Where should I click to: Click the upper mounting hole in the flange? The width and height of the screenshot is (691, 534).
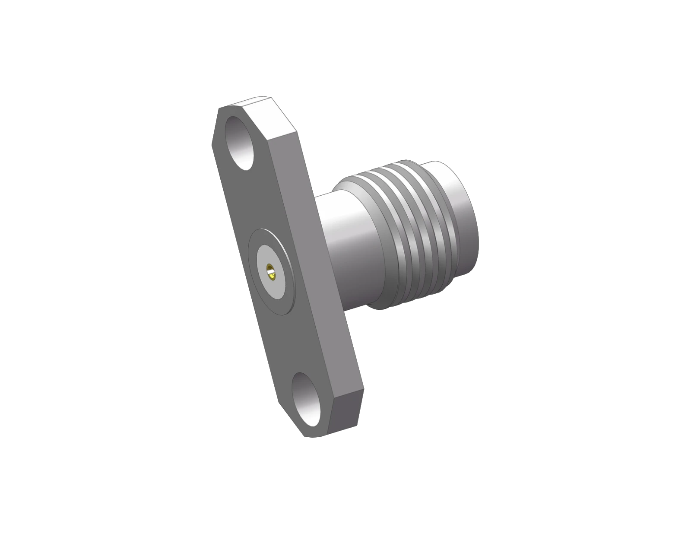[x=240, y=142]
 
